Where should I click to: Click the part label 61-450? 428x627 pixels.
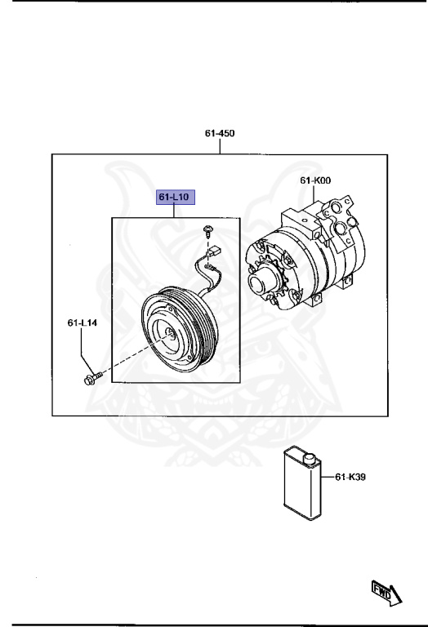pyautogui.click(x=220, y=133)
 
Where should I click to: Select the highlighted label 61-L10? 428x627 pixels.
pyautogui.click(x=175, y=197)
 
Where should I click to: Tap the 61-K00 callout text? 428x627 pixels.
pyautogui.click(x=315, y=180)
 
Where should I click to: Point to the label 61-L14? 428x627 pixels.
pyautogui.click(x=82, y=322)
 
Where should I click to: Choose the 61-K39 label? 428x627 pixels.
pyautogui.click(x=350, y=477)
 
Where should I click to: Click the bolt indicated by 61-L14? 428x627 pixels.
pyautogui.click(x=92, y=378)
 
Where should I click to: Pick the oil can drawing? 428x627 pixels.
pyautogui.click(x=302, y=483)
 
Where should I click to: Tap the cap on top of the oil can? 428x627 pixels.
pyautogui.click(x=310, y=459)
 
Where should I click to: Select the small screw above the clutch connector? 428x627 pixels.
pyautogui.click(x=207, y=230)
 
